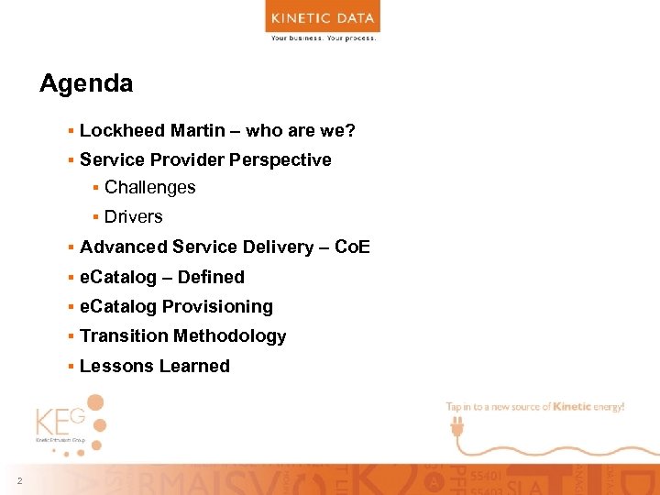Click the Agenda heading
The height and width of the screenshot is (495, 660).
86,83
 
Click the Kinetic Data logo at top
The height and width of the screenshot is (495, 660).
323,17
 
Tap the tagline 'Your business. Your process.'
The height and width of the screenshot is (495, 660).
323,38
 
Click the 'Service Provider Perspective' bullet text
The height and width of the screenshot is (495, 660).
205,159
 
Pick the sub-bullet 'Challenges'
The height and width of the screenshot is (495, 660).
150,187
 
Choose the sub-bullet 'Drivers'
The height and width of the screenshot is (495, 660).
134,216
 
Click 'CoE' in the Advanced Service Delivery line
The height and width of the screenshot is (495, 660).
353,247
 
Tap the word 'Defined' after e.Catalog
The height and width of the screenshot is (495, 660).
211,277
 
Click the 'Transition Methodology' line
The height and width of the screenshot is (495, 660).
183,335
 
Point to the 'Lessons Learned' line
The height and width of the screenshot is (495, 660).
155,366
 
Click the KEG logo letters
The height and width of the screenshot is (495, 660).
60,423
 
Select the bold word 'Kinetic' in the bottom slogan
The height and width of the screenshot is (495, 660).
574,406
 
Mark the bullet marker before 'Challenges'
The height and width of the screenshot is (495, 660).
95,188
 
